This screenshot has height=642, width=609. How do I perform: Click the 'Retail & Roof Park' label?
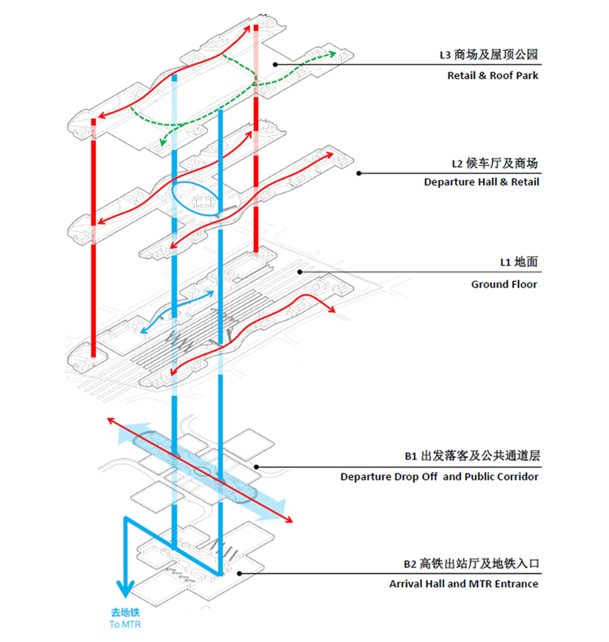coord(492,75)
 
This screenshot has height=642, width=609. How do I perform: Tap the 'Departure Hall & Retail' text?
coord(481,182)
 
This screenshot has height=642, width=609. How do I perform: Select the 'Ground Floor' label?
coord(504,284)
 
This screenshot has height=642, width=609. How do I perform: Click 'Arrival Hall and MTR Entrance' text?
coord(463,584)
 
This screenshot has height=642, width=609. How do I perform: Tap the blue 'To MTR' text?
coord(125,624)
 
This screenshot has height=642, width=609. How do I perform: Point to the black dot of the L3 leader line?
coord(275,65)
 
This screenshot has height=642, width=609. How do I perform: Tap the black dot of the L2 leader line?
coord(359,173)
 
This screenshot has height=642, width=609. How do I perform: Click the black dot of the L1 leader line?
coord(300,272)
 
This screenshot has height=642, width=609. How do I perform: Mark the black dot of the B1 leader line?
coord(256,467)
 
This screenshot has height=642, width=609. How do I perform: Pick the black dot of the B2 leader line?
coord(239,574)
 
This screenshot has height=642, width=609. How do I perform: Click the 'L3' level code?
coord(445,55)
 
